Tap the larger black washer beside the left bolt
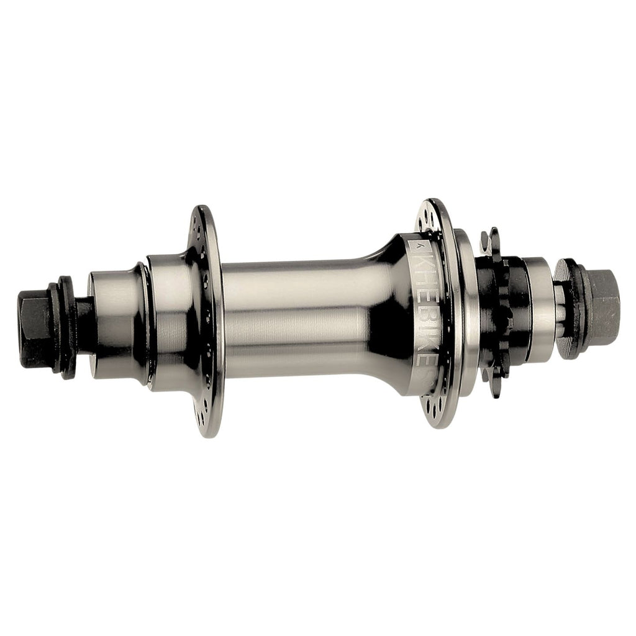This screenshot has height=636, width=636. pos(64,325)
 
